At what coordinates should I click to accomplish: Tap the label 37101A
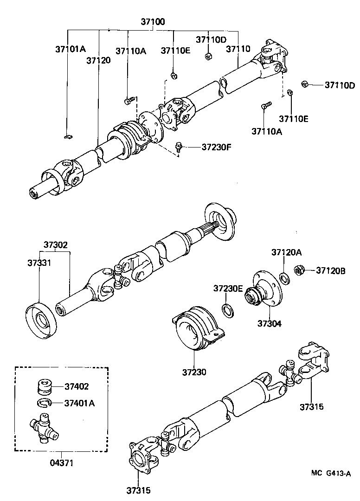click(71, 49)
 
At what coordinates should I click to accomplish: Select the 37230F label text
click(216, 148)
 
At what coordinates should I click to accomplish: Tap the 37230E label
click(228, 288)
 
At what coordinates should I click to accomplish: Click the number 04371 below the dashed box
click(61, 462)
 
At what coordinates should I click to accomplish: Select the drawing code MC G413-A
click(330, 473)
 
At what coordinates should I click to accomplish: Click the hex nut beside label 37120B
click(300, 270)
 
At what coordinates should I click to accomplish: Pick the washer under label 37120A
click(285, 278)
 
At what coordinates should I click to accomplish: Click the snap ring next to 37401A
click(44, 403)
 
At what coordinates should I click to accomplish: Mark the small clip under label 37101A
click(67, 136)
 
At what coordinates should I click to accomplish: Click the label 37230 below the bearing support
click(194, 372)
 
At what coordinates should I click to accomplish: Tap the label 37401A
click(79, 403)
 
